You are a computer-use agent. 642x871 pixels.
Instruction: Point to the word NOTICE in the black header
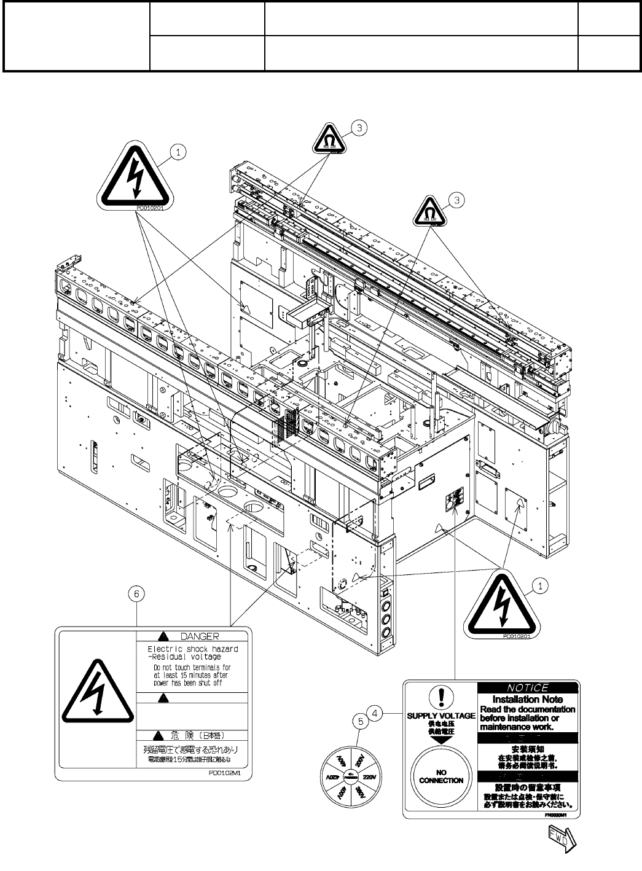click(x=528, y=687)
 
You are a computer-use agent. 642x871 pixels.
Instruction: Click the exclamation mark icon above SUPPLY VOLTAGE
click(x=440, y=697)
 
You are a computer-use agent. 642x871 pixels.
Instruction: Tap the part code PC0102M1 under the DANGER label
click(x=231, y=775)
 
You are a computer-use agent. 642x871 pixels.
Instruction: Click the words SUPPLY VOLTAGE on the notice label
click(x=440, y=716)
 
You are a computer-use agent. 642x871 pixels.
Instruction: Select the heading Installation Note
click(x=527, y=699)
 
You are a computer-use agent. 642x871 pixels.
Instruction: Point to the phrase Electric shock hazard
click(x=193, y=649)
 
